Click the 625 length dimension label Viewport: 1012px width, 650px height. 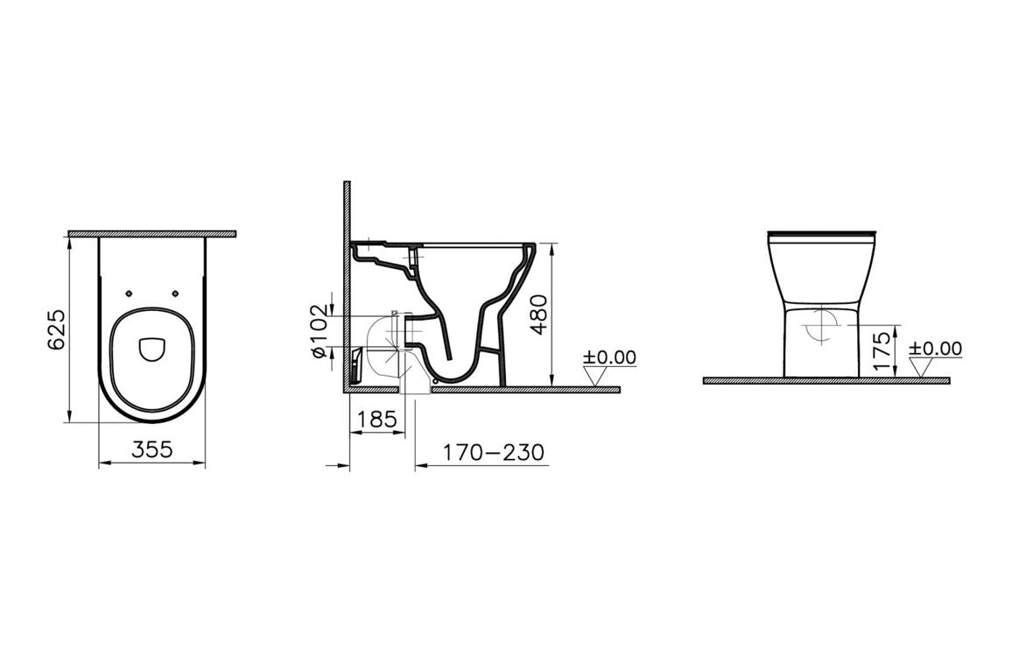pyautogui.click(x=56, y=329)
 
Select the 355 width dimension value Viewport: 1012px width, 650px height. pyautogui.click(x=151, y=450)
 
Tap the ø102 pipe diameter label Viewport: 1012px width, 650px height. pyautogui.click(x=319, y=330)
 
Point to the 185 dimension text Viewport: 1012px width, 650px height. pyautogui.click(x=377, y=420)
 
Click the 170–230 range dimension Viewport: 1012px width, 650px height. pyautogui.click(x=493, y=452)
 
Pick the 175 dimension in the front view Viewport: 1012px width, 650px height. pyautogui.click(x=882, y=349)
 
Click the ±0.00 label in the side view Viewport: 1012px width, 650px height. pyautogui.click(x=611, y=357)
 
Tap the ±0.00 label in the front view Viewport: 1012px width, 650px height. pyautogui.click(x=935, y=349)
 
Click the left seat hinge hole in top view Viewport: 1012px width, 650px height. pyautogui.click(x=129, y=293)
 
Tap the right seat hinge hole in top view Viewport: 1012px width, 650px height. pyautogui.click(x=175, y=293)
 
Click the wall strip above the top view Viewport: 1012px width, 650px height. pyautogui.click(x=151, y=234)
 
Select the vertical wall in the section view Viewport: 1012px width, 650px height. pyautogui.click(x=347, y=280)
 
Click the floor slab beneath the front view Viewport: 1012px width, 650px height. pyautogui.click(x=826, y=381)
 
